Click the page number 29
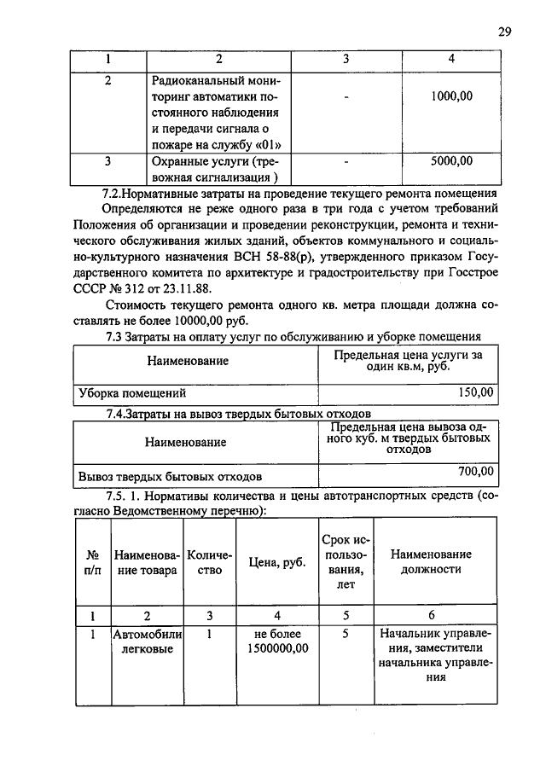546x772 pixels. click(x=504, y=32)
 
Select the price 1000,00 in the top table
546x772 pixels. click(x=451, y=96)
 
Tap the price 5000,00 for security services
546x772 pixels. click(x=451, y=160)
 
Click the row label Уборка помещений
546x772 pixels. click(x=132, y=394)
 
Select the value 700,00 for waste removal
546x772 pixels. click(x=476, y=470)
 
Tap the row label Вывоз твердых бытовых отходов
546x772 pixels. click(x=170, y=476)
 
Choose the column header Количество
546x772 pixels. click(x=209, y=562)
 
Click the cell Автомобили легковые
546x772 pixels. click(x=144, y=641)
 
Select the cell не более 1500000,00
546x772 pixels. click(x=277, y=641)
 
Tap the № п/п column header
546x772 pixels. click(x=93, y=562)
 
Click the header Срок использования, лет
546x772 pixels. click(x=346, y=562)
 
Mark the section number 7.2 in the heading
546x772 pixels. click(x=110, y=192)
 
